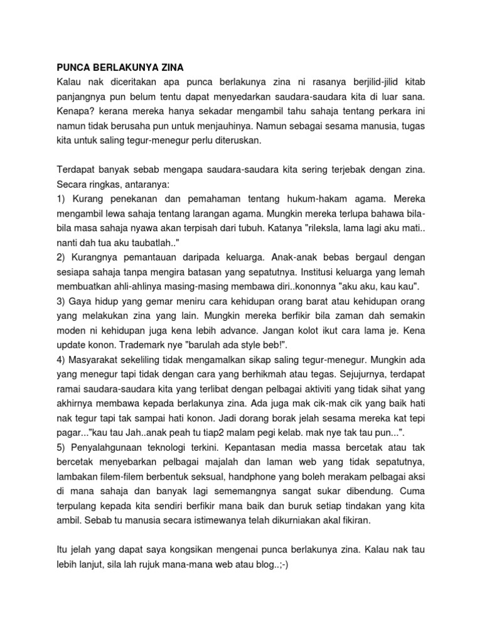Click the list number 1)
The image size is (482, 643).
pos(62,200)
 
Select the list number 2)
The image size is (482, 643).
pos(63,258)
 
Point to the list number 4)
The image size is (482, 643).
pos(63,362)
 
